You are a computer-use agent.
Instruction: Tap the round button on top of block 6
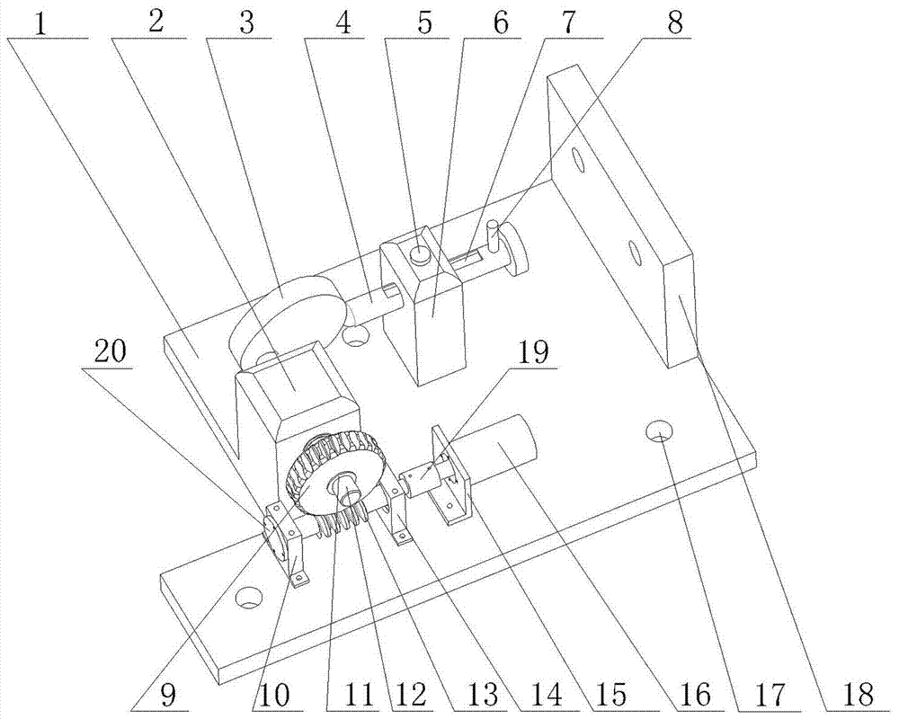pos(420,255)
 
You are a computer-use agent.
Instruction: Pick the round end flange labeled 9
pos(272,533)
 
